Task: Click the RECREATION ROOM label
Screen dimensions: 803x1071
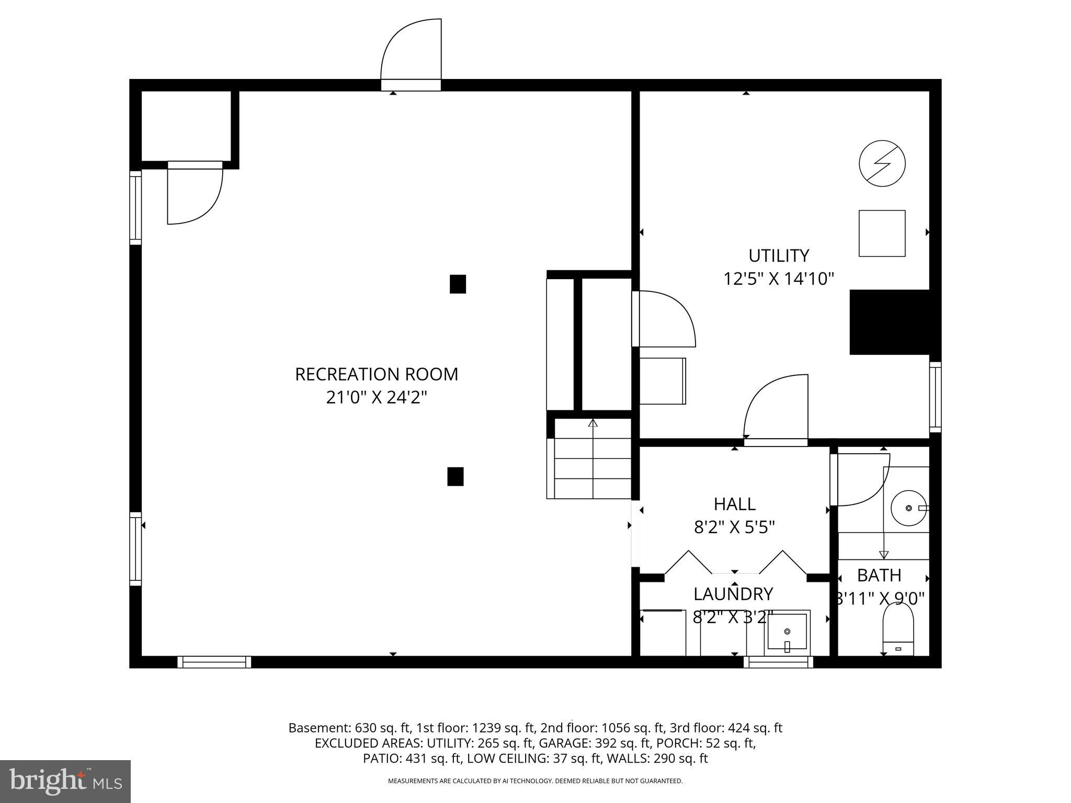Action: coord(377,374)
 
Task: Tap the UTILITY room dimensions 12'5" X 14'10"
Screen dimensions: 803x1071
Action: coord(778,279)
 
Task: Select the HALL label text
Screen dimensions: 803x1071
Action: coord(734,504)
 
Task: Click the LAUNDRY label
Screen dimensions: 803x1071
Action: coord(733,594)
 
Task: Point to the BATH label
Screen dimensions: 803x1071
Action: coord(879,575)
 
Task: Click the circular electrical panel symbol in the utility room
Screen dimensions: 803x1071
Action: coord(882,163)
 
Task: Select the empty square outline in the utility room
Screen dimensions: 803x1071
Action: coord(882,233)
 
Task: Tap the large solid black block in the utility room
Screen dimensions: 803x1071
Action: coord(890,322)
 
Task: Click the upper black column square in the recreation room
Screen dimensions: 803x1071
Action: coord(458,284)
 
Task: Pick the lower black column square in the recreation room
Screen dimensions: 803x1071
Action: coord(455,476)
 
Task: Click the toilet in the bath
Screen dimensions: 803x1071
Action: coord(898,629)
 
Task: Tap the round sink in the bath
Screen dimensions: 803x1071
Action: coord(908,508)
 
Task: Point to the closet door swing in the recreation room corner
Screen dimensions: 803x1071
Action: coord(194,193)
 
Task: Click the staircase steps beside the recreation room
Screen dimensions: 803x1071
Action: coord(593,468)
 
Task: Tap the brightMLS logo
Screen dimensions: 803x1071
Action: coord(65,781)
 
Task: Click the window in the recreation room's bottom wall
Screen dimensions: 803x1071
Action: coord(214,662)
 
